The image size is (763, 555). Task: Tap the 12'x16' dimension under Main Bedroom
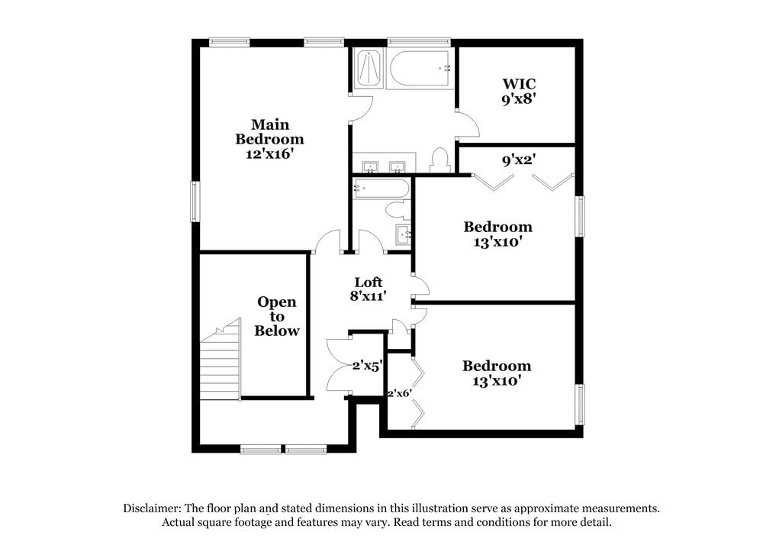tap(269, 153)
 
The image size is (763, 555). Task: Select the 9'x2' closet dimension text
tap(518, 160)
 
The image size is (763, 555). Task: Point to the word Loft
tap(369, 282)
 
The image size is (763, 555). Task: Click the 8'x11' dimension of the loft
tap(369, 296)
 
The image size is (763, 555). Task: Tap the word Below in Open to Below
tap(277, 331)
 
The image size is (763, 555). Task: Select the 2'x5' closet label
tap(367, 366)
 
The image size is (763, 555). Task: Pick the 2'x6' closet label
tap(399, 394)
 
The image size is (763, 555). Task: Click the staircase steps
tap(221, 364)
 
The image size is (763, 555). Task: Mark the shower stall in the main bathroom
tap(368, 69)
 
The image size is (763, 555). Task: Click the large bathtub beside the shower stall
tap(420, 69)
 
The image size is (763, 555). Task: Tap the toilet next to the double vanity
tap(439, 160)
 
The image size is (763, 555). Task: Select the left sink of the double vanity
tap(371, 166)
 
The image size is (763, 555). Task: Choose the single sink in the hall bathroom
tap(403, 234)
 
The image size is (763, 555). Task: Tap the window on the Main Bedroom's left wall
tap(195, 202)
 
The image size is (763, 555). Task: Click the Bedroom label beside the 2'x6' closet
tap(497, 366)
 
